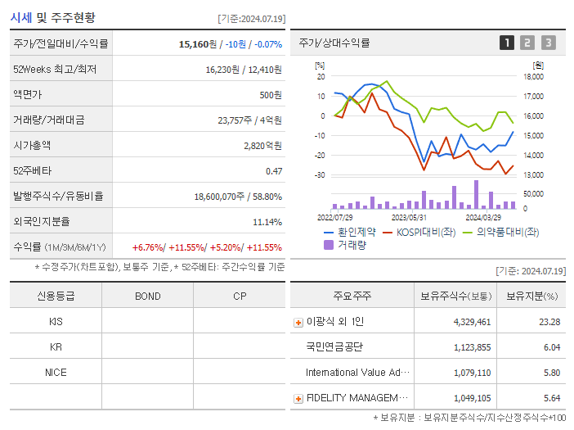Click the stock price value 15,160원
pos(200,43)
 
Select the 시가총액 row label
pos(32,145)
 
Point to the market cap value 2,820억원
pos(262,145)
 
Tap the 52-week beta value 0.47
pos(273,170)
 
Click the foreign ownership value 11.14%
pos(267,221)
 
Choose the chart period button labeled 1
pos(507,43)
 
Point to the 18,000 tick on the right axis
pos(532,77)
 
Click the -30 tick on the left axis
pos(320,175)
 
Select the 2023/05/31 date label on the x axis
pos(409,218)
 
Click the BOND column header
pos(147,296)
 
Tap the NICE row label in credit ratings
pos(56,373)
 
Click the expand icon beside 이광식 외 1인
pos(298,322)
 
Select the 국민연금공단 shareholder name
pos(334,347)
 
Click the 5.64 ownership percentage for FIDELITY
pos(551,398)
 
